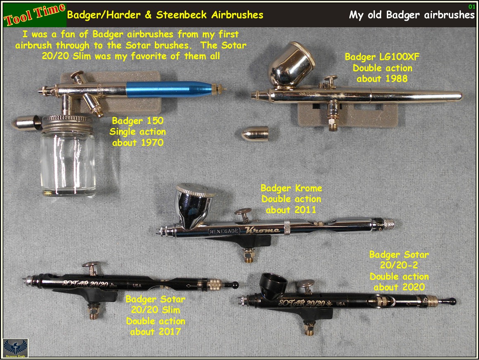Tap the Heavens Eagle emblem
click(x=15, y=348)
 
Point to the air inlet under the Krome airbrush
click(x=248, y=256)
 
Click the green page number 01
click(x=471, y=7)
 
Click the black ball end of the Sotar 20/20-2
click(x=453, y=301)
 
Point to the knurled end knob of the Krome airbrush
click(x=389, y=224)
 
